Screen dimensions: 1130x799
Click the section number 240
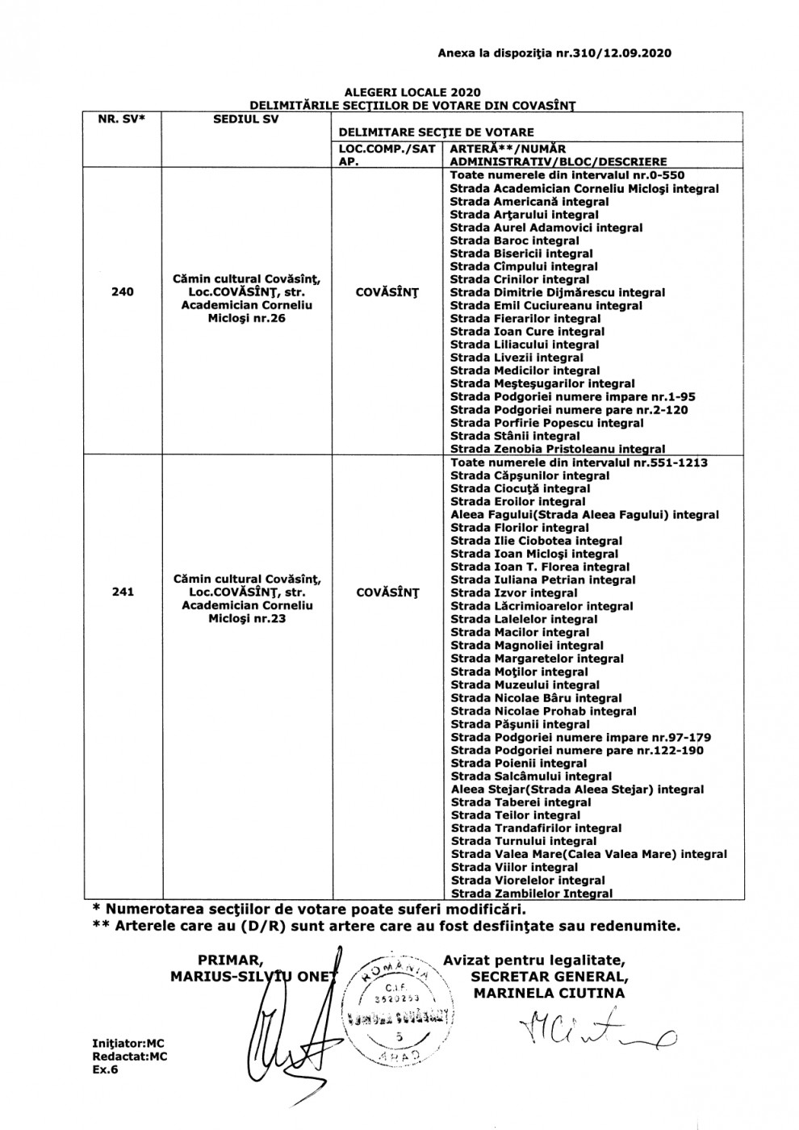(x=123, y=292)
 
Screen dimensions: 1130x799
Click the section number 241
(x=123, y=592)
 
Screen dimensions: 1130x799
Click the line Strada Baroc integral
(x=514, y=241)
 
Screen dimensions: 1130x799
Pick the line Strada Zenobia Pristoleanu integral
(x=558, y=449)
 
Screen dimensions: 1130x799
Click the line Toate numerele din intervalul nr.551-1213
(x=579, y=462)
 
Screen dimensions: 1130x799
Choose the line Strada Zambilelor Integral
(x=531, y=894)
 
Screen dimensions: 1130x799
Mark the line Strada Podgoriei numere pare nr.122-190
(x=576, y=751)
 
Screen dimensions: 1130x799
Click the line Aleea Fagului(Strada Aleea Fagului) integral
(x=584, y=515)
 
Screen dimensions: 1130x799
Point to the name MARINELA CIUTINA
(x=549, y=994)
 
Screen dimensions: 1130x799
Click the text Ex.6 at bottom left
(x=105, y=1069)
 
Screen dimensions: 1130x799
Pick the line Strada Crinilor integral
(x=519, y=279)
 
